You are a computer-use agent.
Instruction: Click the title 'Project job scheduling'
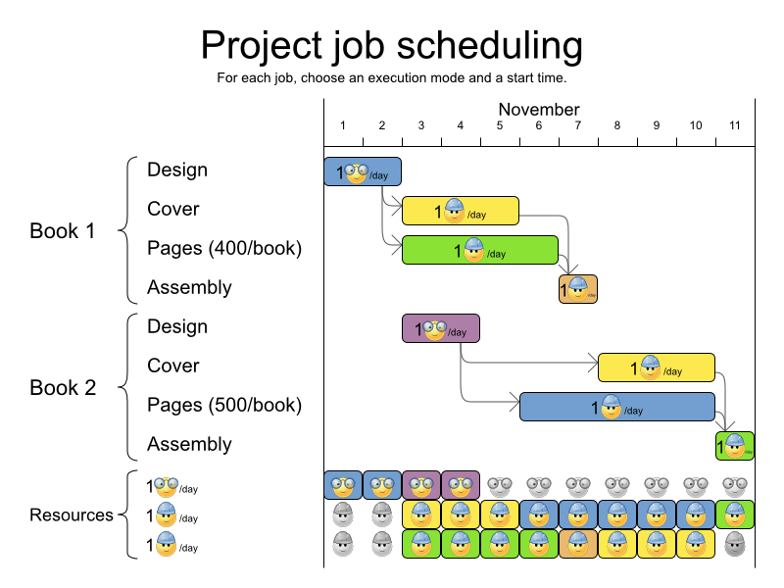click(x=391, y=45)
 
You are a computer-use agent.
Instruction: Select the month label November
click(x=538, y=110)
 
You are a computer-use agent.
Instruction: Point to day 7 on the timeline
click(x=578, y=125)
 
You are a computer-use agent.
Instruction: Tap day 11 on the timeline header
click(x=734, y=125)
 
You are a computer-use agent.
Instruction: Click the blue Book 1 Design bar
click(x=363, y=171)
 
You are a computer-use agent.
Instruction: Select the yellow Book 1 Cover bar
click(x=460, y=211)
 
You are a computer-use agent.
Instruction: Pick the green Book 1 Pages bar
click(x=479, y=250)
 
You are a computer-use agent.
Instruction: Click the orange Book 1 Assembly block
click(x=578, y=289)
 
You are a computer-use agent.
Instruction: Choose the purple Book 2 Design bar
click(x=440, y=328)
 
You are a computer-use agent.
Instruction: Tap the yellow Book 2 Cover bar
click(x=656, y=367)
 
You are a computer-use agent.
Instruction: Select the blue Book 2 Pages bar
click(x=616, y=407)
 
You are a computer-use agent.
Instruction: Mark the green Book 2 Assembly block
click(x=734, y=446)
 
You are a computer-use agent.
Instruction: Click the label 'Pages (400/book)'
click(x=224, y=248)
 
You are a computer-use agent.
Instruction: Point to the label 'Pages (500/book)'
click(x=224, y=405)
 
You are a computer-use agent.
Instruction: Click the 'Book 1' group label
click(x=63, y=231)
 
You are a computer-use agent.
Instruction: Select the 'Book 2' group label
click(x=63, y=388)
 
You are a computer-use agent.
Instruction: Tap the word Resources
click(x=72, y=515)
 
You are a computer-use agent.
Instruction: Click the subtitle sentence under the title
click(x=392, y=77)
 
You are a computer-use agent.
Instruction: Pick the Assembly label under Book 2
click(x=189, y=444)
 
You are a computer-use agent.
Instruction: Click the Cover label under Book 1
click(x=173, y=209)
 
